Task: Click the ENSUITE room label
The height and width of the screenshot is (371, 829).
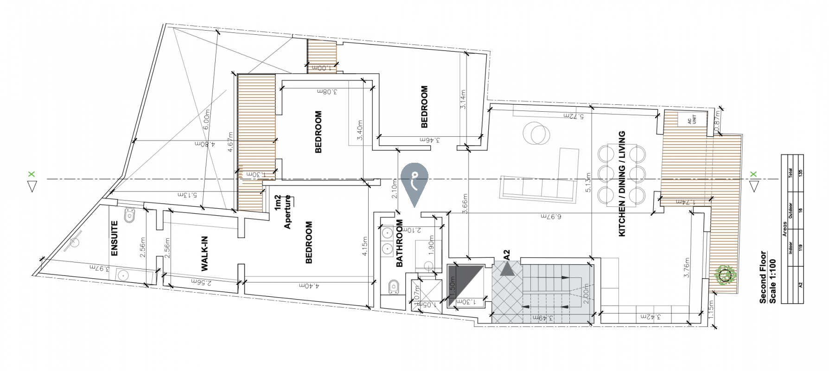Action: pos(115,238)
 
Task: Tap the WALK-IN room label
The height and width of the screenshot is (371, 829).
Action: pos(204,254)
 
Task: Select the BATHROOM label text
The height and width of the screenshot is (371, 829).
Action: pos(399,243)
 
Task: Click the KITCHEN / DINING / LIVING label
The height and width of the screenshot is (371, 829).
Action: pos(622,184)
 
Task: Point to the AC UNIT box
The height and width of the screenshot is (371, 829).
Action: pos(691,120)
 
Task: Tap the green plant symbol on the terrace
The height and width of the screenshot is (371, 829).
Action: pos(725,275)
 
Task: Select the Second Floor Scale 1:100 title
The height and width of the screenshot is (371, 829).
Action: pos(767,278)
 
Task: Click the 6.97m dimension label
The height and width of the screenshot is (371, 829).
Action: pos(551,216)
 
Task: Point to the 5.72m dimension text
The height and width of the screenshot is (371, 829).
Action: pos(573,115)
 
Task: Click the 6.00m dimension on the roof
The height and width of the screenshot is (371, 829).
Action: pos(207,119)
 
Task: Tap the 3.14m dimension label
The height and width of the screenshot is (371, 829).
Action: pos(463,99)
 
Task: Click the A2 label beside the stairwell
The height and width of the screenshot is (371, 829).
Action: pos(507,255)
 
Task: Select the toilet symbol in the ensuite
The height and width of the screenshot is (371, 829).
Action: pos(130,215)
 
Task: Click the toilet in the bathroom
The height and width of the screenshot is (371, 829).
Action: pos(393,287)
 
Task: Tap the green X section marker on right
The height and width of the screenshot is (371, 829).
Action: pos(753,174)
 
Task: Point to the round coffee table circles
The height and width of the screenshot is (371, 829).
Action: pos(537,134)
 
